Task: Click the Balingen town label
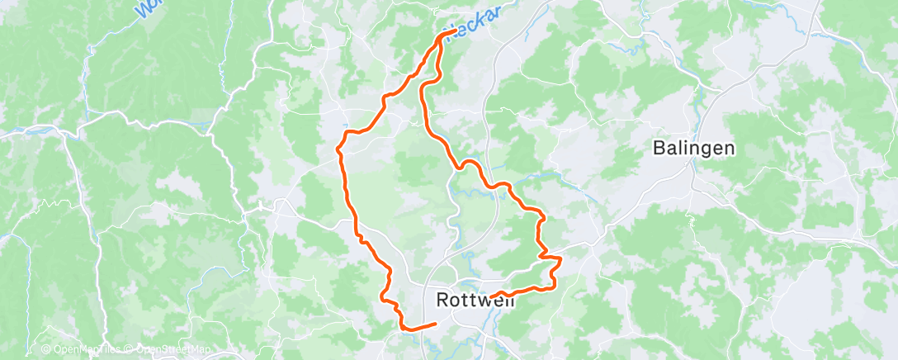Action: pyautogui.click(x=693, y=149)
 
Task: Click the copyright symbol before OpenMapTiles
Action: pyautogui.click(x=46, y=349)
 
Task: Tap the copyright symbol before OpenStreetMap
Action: pyautogui.click(x=130, y=349)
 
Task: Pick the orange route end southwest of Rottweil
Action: pyautogui.click(x=435, y=323)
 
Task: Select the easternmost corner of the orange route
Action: pyautogui.click(x=561, y=259)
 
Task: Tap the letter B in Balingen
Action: pyautogui.click(x=659, y=149)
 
